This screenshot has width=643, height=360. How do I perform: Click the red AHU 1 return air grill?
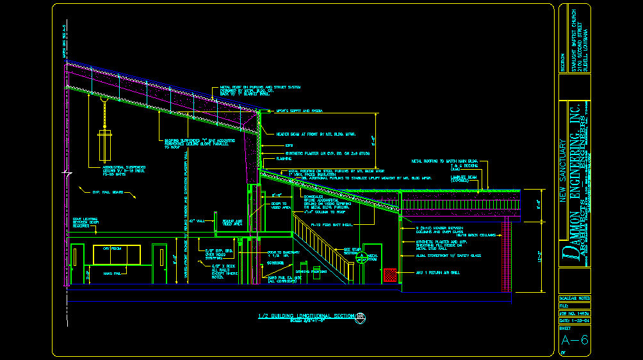click(x=389, y=275)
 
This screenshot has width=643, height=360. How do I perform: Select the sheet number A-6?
click(x=574, y=340)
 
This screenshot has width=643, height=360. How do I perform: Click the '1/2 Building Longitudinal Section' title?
click(x=305, y=316)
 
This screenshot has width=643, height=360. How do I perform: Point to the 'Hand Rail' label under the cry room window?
click(x=112, y=274)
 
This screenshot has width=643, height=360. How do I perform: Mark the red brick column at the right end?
click(x=509, y=256)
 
